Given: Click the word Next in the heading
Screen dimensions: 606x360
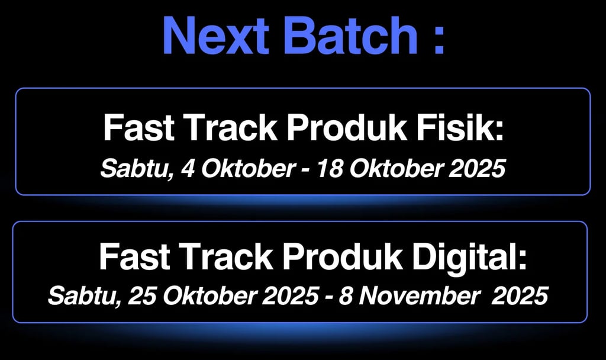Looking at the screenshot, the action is [216, 35].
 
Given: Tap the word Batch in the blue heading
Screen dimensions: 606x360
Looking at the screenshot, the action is [351, 35].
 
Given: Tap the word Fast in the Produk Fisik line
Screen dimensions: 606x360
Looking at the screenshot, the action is [138, 128].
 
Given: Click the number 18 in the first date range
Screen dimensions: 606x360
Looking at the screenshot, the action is [330, 169].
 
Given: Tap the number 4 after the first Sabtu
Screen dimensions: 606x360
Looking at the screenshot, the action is [188, 169].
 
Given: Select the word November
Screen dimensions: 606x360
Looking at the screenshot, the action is [421, 296].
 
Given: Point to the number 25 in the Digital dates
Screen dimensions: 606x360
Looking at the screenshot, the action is [142, 296].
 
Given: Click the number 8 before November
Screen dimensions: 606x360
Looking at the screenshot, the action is [346, 296].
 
